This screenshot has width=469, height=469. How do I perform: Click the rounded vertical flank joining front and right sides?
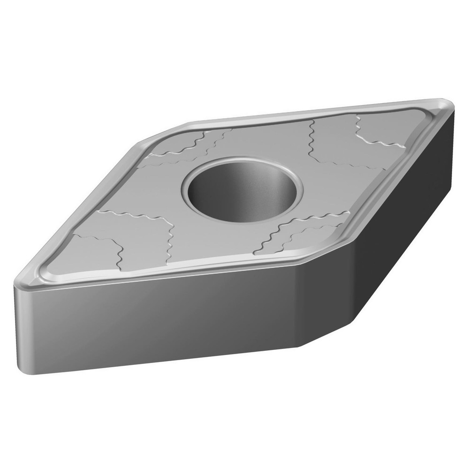click(x=324, y=300)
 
